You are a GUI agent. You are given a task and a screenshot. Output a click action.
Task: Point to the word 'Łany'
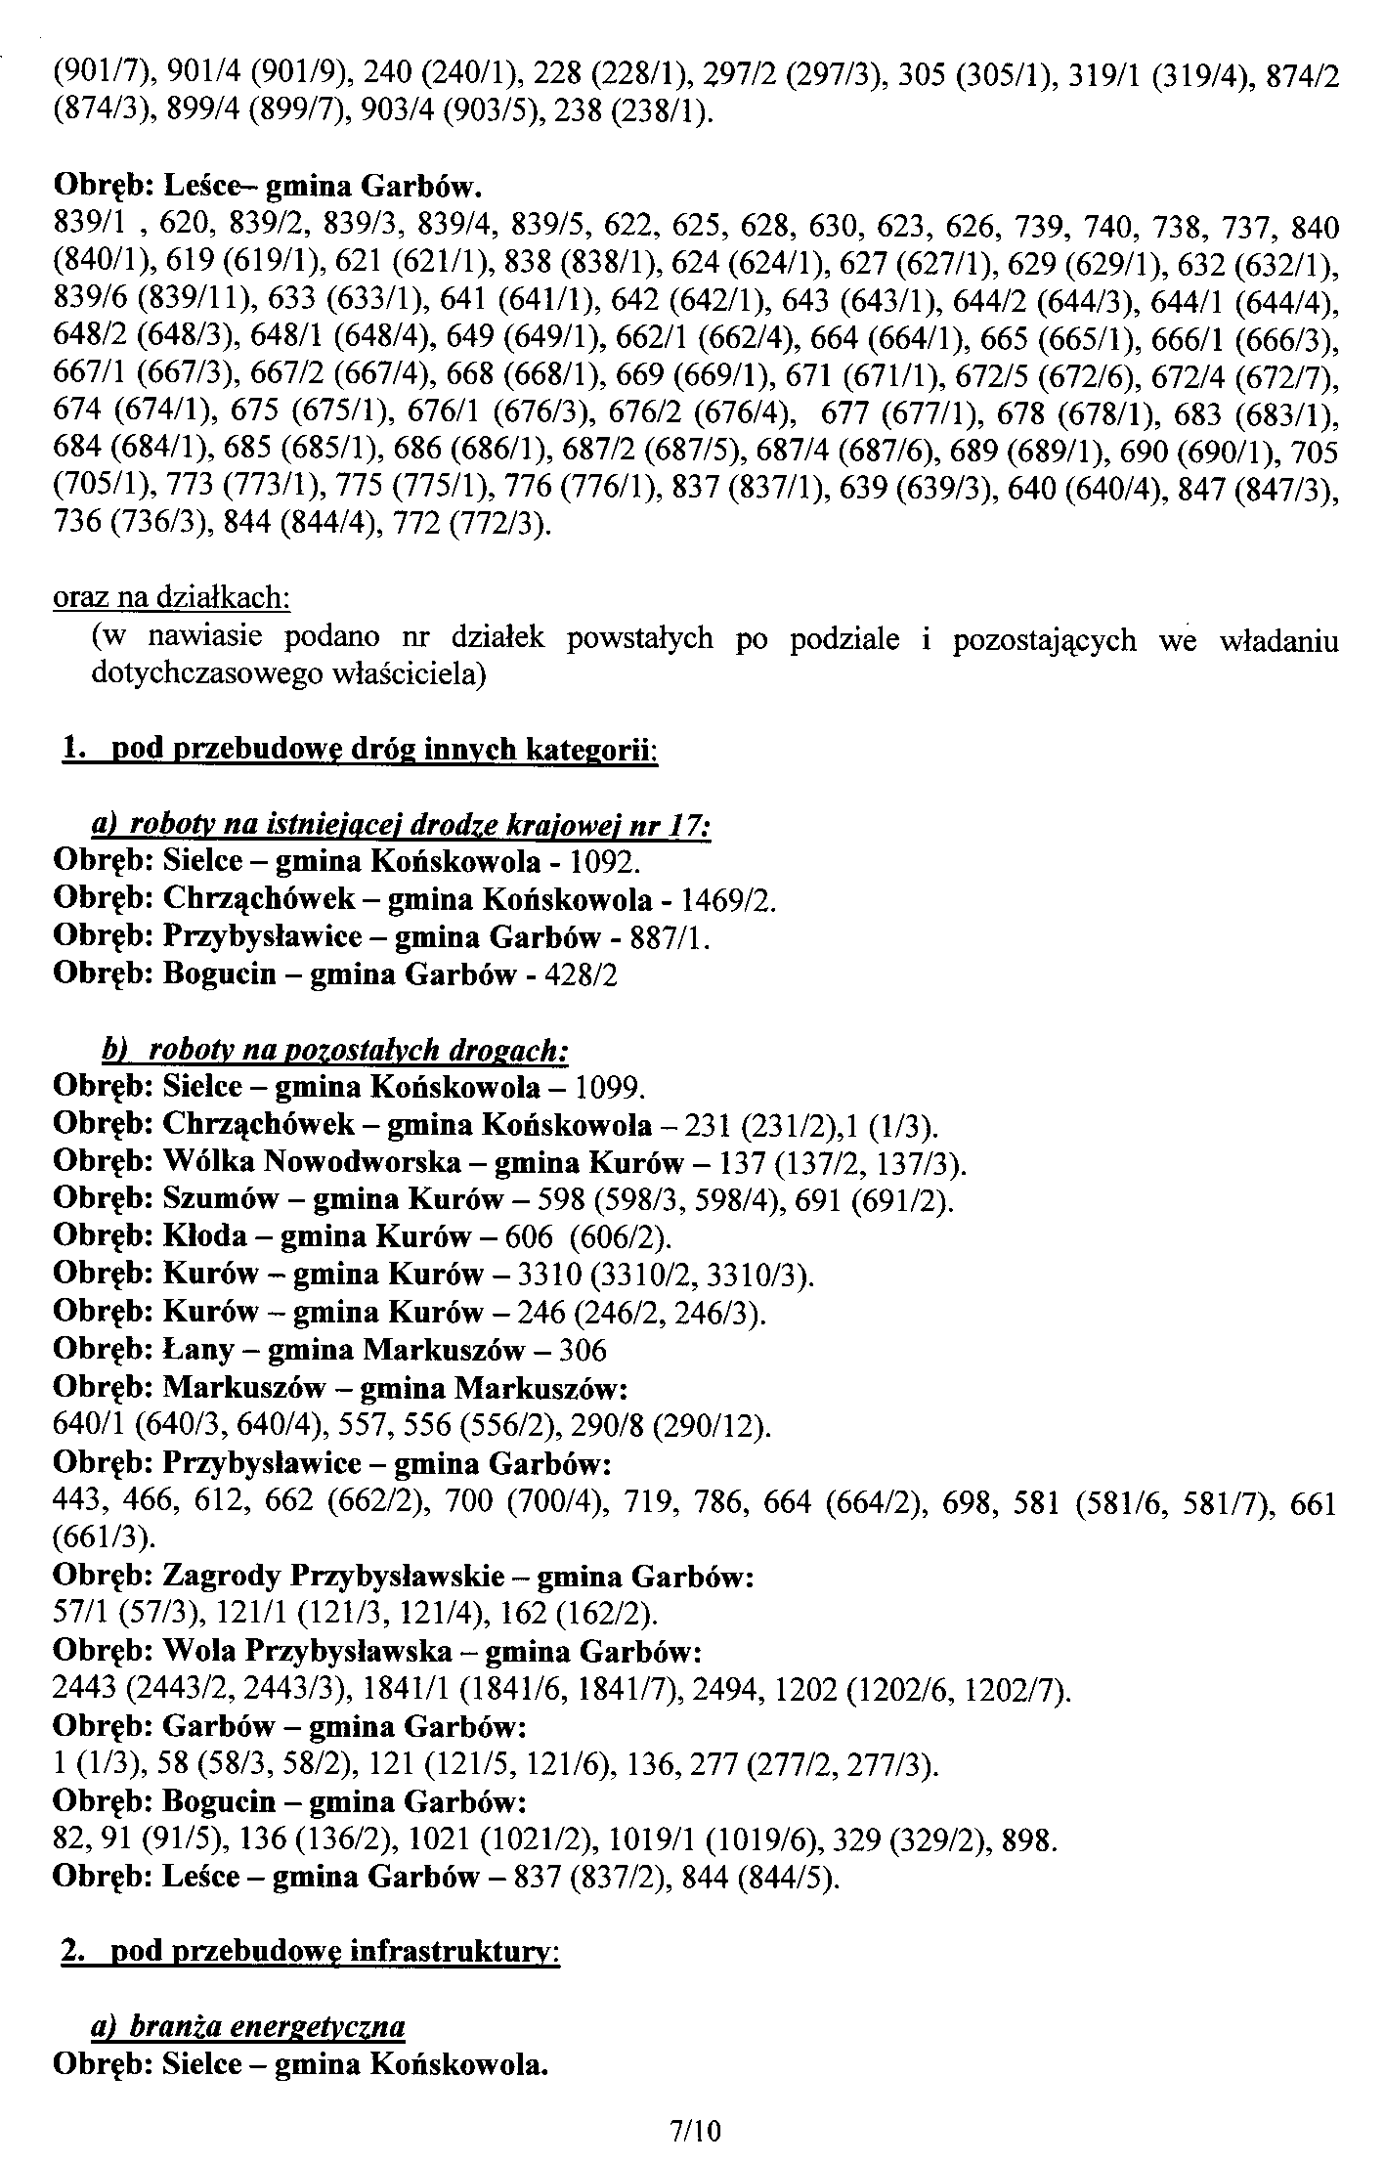(x=197, y=1350)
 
